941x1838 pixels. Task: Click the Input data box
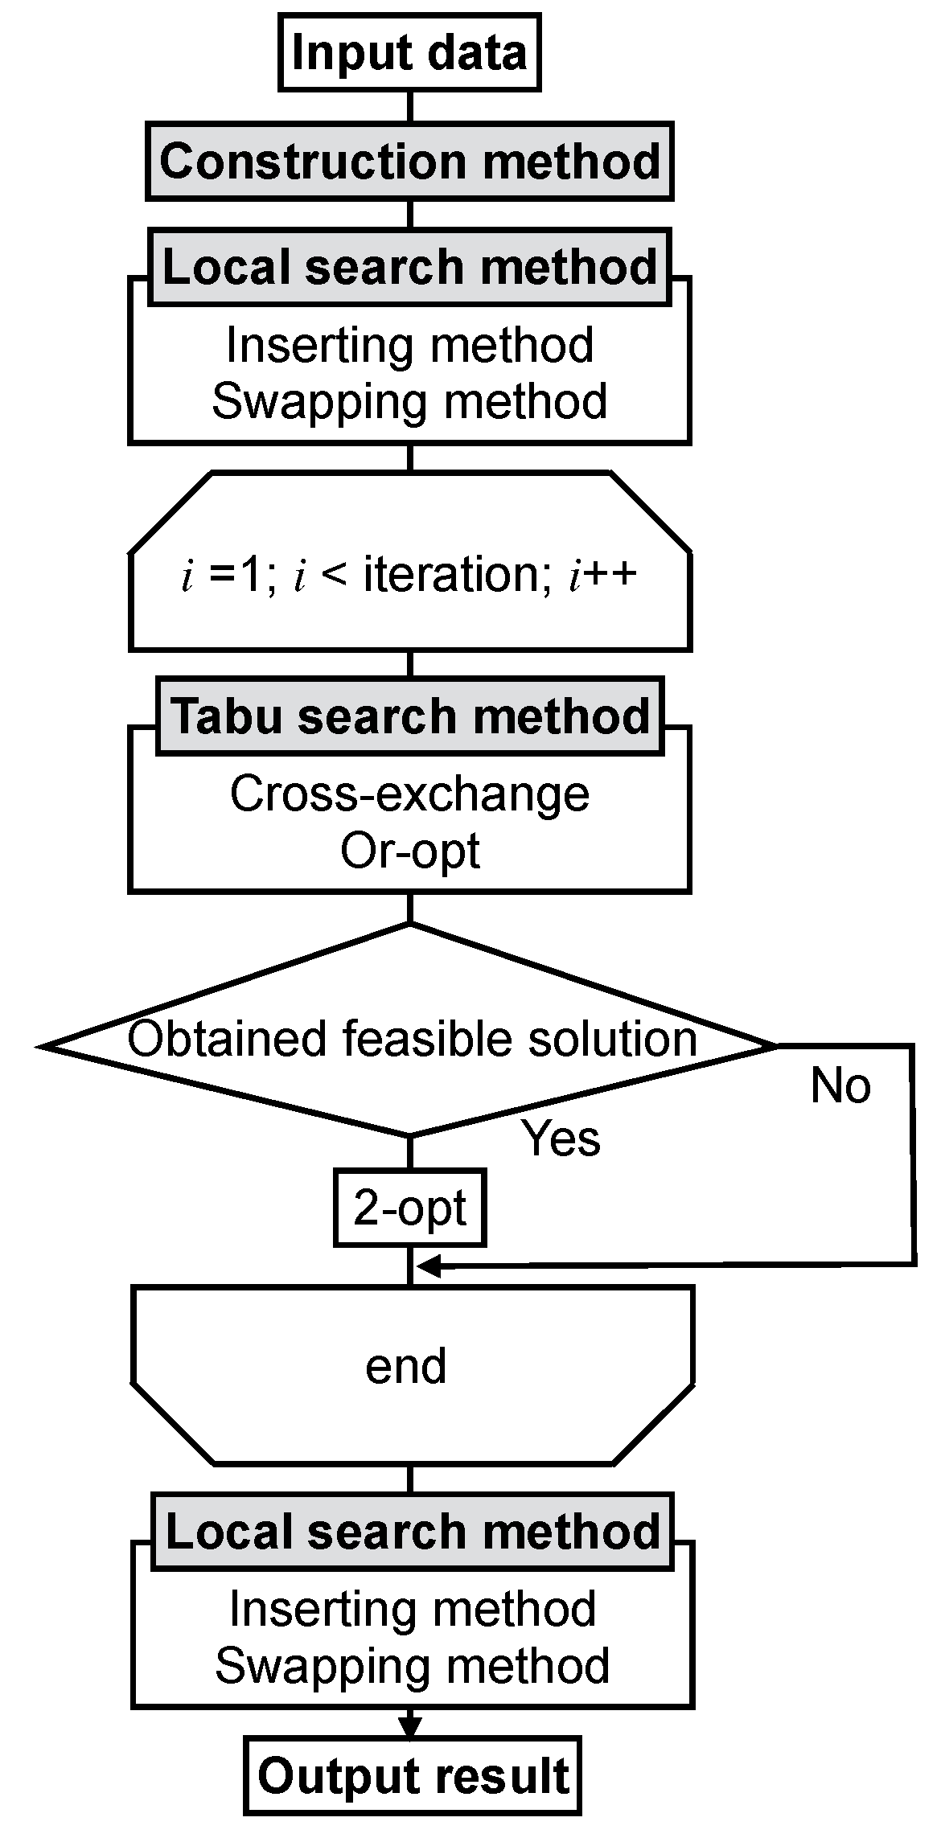409,53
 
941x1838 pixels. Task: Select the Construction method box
409,162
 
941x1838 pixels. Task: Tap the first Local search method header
409,267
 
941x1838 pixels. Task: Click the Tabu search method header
409,716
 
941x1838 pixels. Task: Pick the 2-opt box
409,1208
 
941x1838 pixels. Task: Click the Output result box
413,1775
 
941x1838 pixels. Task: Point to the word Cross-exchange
409,794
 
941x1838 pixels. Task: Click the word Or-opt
409,851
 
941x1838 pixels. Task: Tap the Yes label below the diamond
561,1138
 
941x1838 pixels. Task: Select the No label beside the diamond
840,1085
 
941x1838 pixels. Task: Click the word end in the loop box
406,1366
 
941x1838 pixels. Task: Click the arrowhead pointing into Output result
410,1728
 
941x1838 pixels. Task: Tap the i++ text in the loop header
603,576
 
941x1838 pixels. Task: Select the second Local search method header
412,1532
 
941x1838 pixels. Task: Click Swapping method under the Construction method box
409,401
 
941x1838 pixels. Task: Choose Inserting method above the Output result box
412,1609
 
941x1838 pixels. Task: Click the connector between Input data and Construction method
410,106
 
